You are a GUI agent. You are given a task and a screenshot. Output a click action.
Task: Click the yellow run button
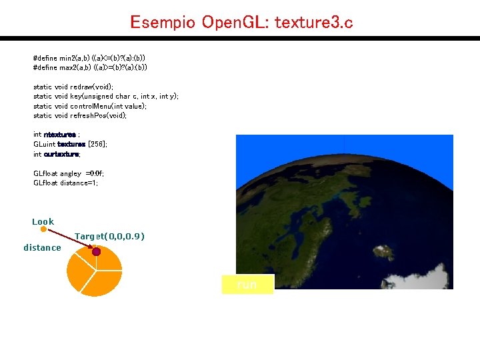247,285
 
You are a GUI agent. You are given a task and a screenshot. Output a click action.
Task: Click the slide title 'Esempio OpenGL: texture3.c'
241,22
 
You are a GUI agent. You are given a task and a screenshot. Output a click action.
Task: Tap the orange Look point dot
43,229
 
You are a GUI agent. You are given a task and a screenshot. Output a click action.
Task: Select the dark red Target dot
96,251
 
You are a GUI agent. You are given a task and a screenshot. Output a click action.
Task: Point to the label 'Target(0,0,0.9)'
110,237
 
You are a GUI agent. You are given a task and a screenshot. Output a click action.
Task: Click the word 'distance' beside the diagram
42,248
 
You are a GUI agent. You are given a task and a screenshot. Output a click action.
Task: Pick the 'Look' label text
43,221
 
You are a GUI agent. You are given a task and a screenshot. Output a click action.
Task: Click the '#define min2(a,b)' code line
90,58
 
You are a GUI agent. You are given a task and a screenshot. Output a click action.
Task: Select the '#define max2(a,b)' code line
90,67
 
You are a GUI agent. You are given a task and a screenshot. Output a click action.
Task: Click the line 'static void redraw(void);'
73,87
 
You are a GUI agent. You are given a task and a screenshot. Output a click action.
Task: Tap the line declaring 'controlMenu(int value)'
90,106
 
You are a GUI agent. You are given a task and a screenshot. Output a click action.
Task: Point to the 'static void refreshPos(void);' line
80,115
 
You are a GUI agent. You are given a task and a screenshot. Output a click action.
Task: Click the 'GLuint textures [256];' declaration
70,144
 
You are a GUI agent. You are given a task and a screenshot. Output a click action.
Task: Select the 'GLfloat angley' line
69,173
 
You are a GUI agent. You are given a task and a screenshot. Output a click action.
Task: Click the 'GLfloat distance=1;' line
65,183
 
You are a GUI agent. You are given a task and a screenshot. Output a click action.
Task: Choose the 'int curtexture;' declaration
57,154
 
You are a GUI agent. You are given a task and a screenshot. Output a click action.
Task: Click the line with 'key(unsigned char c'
106,97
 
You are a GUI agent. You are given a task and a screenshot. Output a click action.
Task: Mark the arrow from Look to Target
69,240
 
